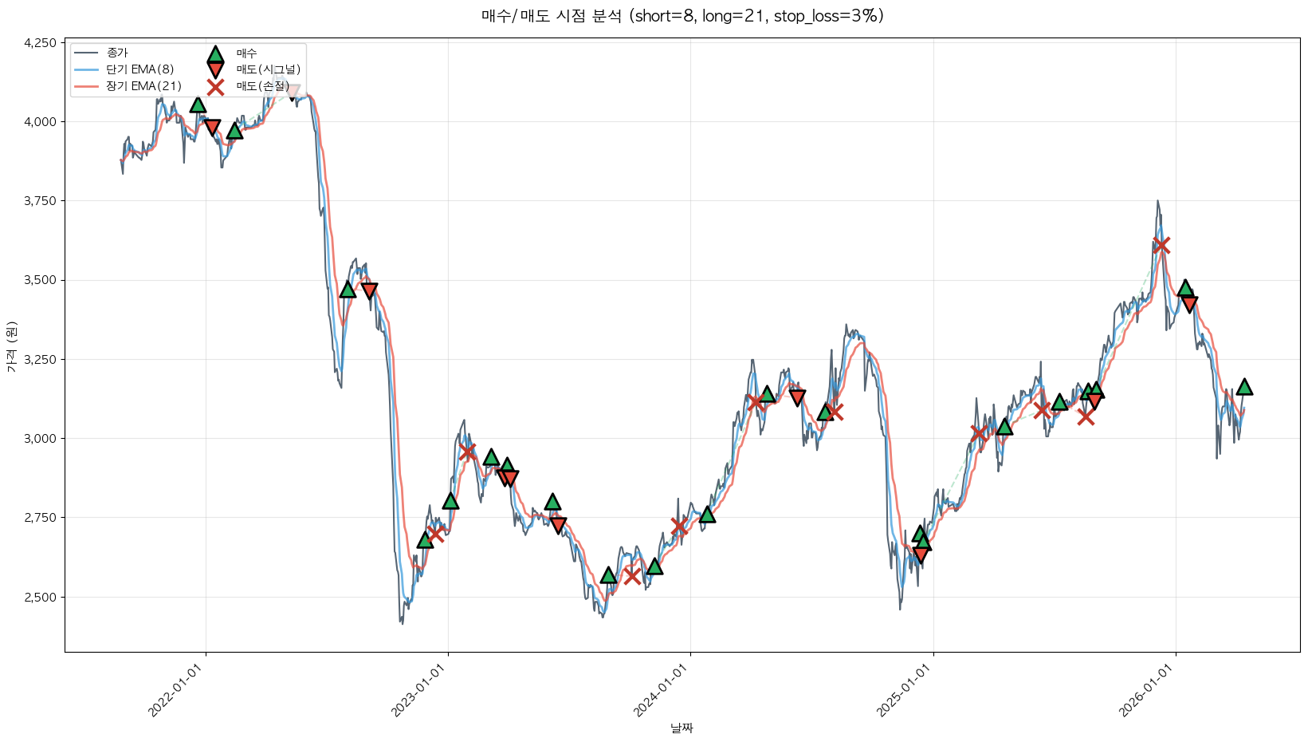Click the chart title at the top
(682, 16)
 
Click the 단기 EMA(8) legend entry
(139, 69)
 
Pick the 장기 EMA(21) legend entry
(143, 86)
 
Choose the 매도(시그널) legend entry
(268, 69)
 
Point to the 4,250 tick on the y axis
(40, 43)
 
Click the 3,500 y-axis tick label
(40, 280)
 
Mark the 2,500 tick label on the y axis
(40, 597)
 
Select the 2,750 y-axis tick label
(40, 518)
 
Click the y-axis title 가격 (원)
(11, 346)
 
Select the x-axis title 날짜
(681, 728)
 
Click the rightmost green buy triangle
(1244, 387)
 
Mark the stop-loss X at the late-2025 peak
(1161, 245)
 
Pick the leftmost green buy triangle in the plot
(198, 105)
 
